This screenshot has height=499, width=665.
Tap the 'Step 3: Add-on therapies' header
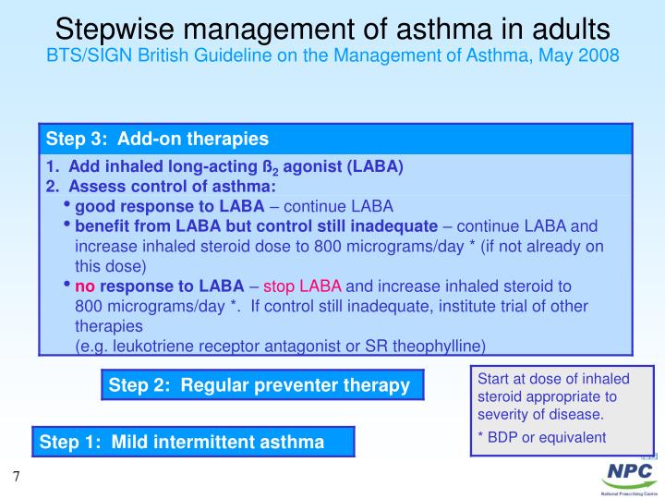click(157, 139)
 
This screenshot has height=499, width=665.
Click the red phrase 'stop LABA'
click(308, 286)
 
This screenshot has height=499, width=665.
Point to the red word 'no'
click(85, 286)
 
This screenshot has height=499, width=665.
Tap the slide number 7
click(16, 477)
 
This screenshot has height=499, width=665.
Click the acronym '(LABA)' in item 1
click(377, 167)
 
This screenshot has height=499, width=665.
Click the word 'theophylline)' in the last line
click(438, 346)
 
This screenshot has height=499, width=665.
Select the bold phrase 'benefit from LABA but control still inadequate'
click(256, 225)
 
